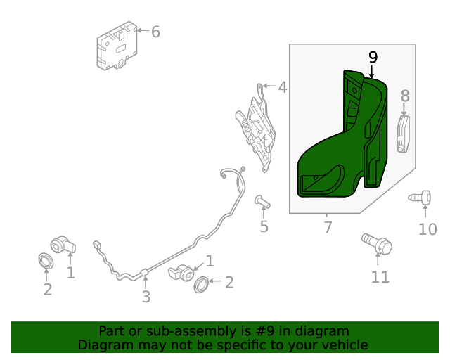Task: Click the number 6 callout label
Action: [x=155, y=32]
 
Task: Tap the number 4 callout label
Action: [x=282, y=88]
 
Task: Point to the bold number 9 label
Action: [x=373, y=56]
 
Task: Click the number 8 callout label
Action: [x=404, y=96]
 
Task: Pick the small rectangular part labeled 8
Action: [x=404, y=134]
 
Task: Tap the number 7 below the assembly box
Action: [x=328, y=227]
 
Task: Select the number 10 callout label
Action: [x=427, y=229]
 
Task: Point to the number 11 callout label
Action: [x=380, y=277]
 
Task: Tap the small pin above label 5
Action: [x=262, y=202]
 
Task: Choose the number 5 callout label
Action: [x=264, y=226]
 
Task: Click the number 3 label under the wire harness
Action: [x=146, y=297]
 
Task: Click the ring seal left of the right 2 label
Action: [x=200, y=284]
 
